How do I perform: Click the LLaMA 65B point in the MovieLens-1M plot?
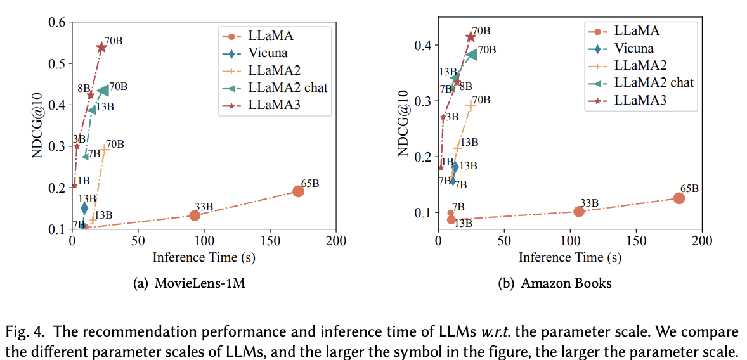(299, 191)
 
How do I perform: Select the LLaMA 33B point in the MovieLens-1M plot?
(195, 215)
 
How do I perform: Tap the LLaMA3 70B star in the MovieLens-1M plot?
(101, 48)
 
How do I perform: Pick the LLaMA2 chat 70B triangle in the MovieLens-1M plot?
(104, 91)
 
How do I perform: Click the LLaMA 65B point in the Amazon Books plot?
(679, 198)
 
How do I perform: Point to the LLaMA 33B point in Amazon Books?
(579, 211)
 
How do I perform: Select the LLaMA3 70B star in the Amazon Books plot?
(471, 37)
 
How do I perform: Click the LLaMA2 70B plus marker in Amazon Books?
(470, 106)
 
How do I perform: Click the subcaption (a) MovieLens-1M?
(188, 283)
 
